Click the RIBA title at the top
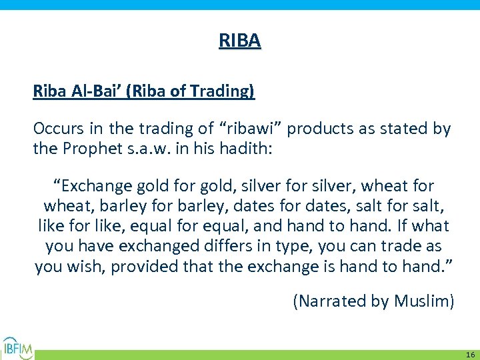point(240,41)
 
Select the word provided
point(144,267)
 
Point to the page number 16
point(470,355)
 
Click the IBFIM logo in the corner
point(18,347)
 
